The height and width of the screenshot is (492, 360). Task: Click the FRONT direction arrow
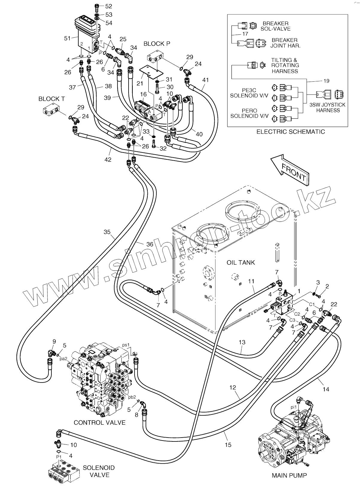(x=289, y=170)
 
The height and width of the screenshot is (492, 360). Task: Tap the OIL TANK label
(x=241, y=263)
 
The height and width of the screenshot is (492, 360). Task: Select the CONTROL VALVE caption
(x=100, y=423)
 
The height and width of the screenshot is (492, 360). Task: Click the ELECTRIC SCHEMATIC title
(x=291, y=132)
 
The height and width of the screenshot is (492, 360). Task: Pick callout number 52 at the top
(x=109, y=6)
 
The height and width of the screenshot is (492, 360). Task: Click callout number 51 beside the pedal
(x=67, y=38)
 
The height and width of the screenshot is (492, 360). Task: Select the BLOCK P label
(x=157, y=44)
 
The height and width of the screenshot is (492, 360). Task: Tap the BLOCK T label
(x=52, y=99)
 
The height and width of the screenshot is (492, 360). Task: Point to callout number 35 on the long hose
(x=107, y=232)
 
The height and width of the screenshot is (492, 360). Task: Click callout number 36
(x=150, y=244)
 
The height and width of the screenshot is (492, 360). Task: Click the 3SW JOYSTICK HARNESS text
(x=328, y=108)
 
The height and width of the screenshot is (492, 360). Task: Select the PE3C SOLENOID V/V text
(x=249, y=93)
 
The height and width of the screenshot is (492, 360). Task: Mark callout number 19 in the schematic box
(x=327, y=81)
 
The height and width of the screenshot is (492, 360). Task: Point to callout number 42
(x=108, y=160)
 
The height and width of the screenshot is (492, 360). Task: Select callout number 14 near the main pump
(x=326, y=389)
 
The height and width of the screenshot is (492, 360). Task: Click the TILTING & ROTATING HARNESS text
(x=285, y=66)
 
